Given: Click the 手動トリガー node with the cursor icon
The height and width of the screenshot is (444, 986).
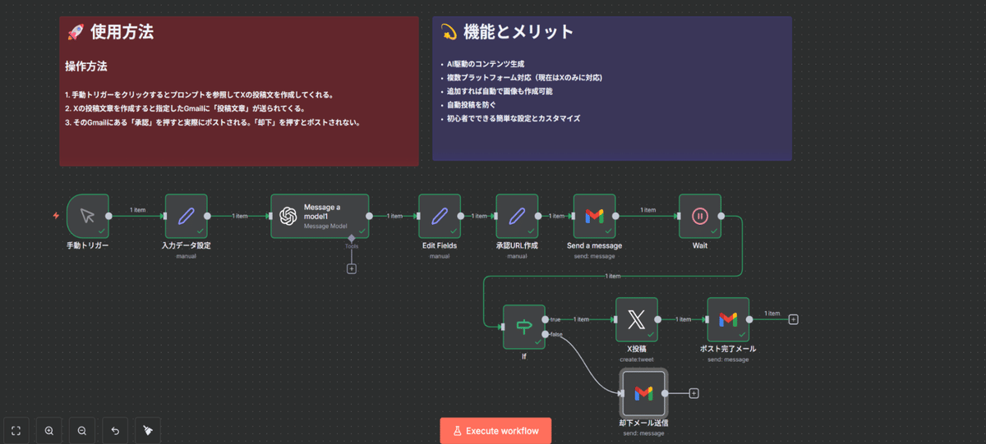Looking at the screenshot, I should (88, 216).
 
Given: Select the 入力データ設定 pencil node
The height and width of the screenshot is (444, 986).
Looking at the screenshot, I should (187, 216).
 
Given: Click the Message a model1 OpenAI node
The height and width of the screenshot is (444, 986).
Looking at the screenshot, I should (320, 216).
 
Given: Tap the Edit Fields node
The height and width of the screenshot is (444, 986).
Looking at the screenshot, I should (440, 216).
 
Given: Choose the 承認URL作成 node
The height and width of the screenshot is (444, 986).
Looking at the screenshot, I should (517, 216).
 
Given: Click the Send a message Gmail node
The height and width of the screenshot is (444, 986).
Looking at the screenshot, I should (594, 216).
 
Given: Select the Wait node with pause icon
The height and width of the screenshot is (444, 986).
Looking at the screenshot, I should (700, 216).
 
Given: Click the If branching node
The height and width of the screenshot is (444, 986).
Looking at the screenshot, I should (524, 327).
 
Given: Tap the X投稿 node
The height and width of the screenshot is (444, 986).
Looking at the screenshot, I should (637, 319).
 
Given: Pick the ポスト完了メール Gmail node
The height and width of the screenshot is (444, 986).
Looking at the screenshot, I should (728, 319).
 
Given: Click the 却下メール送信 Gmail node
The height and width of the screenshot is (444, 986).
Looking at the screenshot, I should (643, 393).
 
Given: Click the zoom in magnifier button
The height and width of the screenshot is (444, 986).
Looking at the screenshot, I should (49, 431).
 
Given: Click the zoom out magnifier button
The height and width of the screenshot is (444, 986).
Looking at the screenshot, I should (82, 431).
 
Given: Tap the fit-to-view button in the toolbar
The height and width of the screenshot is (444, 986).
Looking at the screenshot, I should (16, 431).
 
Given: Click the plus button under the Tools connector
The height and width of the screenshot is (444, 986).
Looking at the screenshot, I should (352, 268).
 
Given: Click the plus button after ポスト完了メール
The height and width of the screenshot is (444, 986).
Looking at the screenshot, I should (793, 319).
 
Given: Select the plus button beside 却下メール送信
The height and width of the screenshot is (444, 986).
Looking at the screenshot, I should (693, 393).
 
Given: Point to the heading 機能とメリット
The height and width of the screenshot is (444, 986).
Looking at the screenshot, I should (518, 33).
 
